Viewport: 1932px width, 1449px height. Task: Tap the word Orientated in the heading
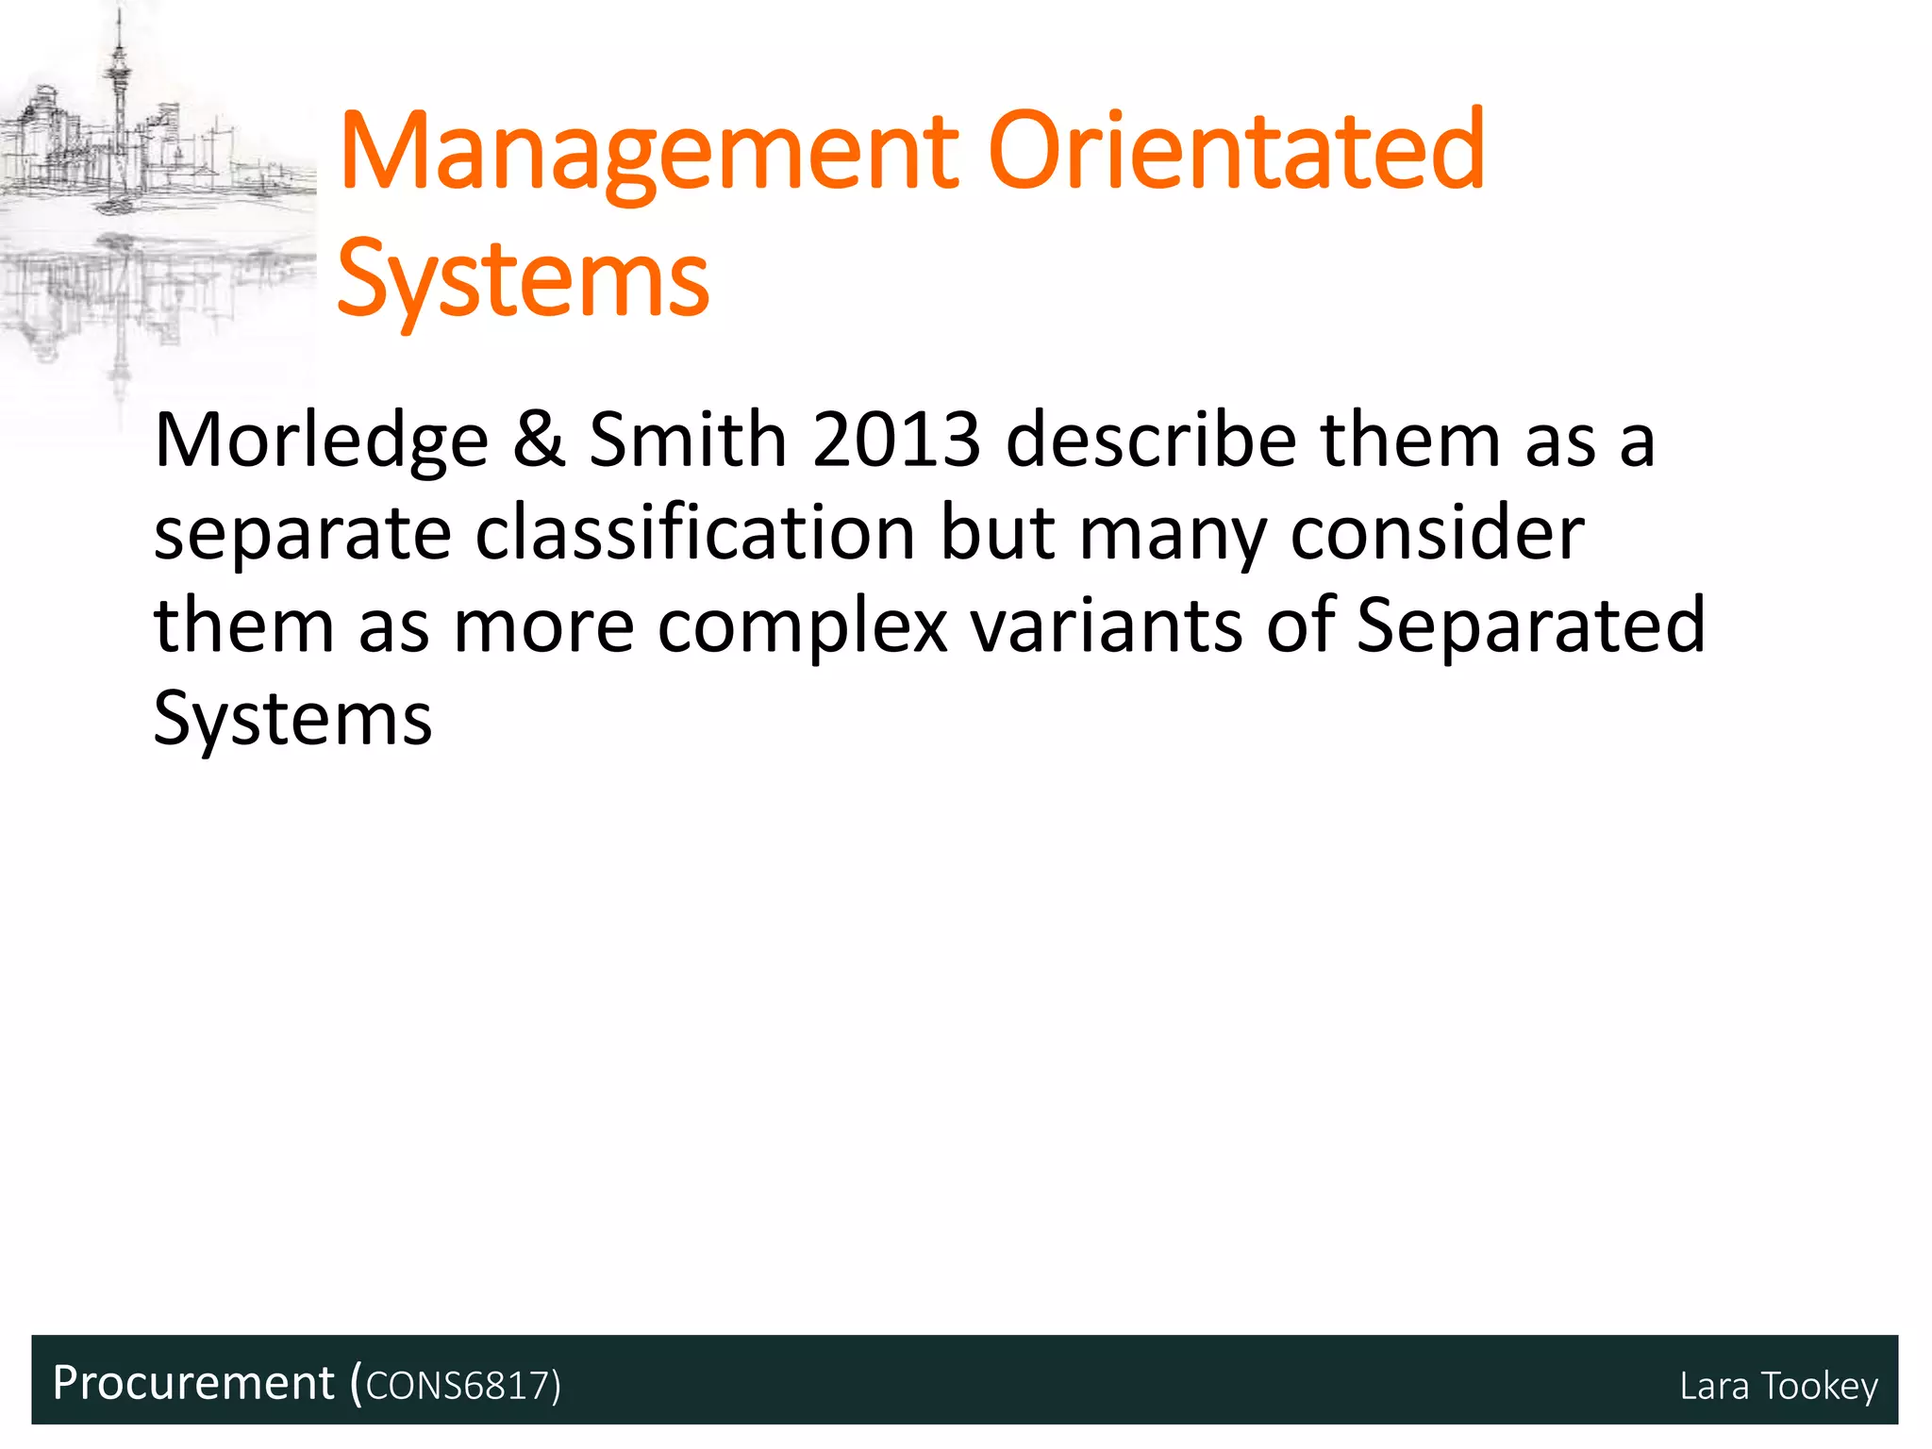pos(1237,151)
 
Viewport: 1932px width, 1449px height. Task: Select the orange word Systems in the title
pos(523,280)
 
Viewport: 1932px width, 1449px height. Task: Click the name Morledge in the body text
pos(321,441)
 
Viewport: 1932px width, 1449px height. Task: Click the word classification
pos(694,533)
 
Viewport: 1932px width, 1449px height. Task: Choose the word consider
pos(1437,533)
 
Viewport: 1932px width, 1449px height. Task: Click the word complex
pos(802,627)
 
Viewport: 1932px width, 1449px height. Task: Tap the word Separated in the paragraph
pos(1530,625)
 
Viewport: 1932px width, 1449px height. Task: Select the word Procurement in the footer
pos(193,1383)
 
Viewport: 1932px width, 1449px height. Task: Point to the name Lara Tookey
pos(1778,1386)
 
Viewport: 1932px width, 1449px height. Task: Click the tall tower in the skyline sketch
pos(119,85)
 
